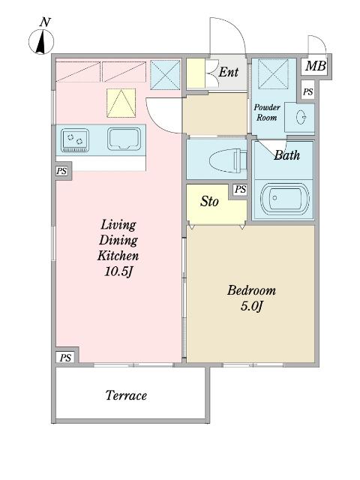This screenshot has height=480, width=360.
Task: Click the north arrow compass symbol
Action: click(41, 42)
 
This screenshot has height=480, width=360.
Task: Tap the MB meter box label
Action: click(316, 66)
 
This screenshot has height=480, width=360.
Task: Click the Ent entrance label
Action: click(228, 72)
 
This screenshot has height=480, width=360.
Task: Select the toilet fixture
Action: click(228, 160)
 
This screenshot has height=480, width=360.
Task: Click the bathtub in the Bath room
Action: click(285, 198)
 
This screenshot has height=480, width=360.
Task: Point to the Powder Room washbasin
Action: click(301, 117)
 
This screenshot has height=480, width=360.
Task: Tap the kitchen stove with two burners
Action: click(75, 140)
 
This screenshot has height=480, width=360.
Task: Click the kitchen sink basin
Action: click(124, 139)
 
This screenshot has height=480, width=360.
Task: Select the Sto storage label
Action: click(209, 202)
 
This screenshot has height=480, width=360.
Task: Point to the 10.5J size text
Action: click(118, 271)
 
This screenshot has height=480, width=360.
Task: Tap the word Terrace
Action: click(126, 395)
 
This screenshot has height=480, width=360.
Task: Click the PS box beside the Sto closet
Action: click(240, 190)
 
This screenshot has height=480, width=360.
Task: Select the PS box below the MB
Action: click(308, 91)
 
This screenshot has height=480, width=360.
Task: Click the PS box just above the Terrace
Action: click(65, 357)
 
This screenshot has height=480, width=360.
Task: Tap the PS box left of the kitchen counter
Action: click(61, 171)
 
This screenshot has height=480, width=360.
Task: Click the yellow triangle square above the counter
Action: click(121, 103)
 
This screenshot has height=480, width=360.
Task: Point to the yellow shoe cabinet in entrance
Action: click(196, 73)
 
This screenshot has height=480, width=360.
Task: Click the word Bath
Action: click(286, 155)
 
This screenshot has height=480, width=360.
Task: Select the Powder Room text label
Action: click(267, 112)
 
